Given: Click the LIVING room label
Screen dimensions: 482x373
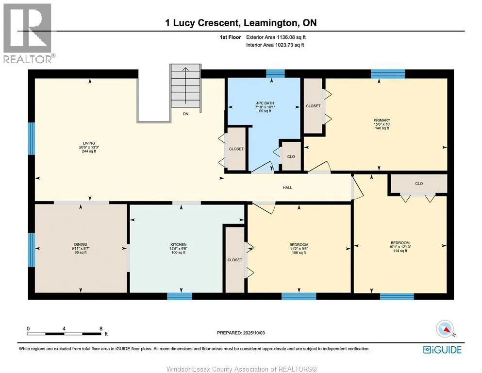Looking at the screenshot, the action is [x=89, y=143].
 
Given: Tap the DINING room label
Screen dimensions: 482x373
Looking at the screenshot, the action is [x=81, y=244].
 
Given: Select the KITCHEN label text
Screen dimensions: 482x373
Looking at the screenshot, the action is [x=179, y=244].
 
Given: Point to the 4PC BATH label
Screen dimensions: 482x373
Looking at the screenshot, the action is [x=265, y=103].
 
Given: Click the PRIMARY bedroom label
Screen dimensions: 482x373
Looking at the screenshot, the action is [x=382, y=120].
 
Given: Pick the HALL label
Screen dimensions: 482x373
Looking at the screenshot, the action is [x=287, y=187].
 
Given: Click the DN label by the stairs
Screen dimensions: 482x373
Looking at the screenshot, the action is [x=186, y=114].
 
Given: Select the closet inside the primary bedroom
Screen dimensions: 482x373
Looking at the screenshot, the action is [x=313, y=106].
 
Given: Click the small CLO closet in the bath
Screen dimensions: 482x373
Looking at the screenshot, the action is [x=291, y=156].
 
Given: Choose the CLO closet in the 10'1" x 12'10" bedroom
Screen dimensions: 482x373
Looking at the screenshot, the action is [x=419, y=184].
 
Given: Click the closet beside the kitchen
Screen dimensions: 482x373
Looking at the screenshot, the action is [x=235, y=260].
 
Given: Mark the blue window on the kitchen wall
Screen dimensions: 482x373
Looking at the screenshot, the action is [x=180, y=296].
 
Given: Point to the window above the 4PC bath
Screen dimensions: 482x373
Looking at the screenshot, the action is [x=275, y=73].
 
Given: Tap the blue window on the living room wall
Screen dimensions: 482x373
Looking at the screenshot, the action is [x=32, y=139].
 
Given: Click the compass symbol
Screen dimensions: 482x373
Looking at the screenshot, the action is [x=445, y=329].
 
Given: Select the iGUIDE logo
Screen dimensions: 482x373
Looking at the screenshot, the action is [x=442, y=350].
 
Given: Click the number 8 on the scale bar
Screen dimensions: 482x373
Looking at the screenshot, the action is [x=101, y=329].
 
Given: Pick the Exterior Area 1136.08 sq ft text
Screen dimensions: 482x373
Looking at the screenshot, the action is [x=276, y=37].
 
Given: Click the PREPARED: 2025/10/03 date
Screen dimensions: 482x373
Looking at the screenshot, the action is [x=241, y=333].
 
